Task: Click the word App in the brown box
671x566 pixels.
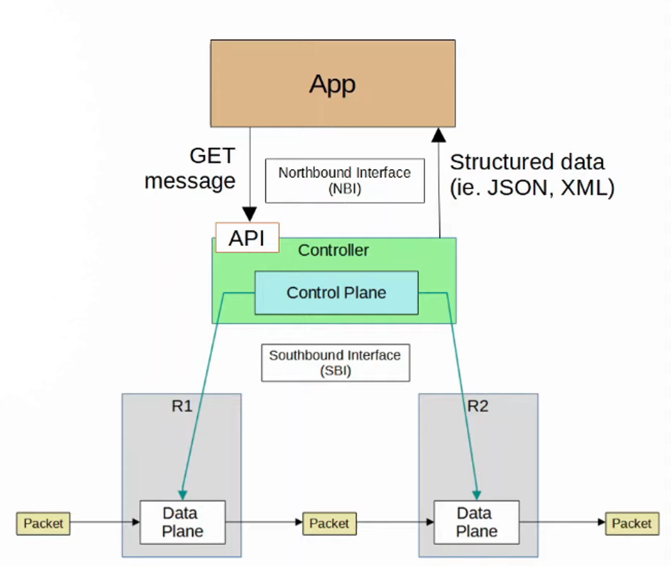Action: (332, 84)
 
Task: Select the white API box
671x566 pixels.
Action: (247, 238)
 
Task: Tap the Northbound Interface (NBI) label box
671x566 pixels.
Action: (345, 180)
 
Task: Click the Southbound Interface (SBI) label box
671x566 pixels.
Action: (335, 363)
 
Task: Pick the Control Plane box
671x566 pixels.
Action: (336, 293)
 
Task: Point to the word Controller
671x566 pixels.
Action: (333, 250)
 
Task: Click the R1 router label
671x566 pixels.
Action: (182, 406)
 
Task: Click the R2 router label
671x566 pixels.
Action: (477, 406)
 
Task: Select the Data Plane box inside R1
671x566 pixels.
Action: (182, 522)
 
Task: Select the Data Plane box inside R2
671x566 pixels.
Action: (476, 522)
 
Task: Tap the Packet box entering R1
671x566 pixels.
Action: (43, 524)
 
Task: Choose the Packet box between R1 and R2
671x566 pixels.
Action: (329, 524)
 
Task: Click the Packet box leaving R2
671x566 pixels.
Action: (632, 524)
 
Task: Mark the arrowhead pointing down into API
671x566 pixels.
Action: (250, 214)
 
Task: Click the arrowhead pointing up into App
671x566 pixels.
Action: (439, 135)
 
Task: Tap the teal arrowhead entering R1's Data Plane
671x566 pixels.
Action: (183, 494)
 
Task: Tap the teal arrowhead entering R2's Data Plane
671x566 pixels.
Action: (476, 494)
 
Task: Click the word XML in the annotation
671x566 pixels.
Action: (584, 188)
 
